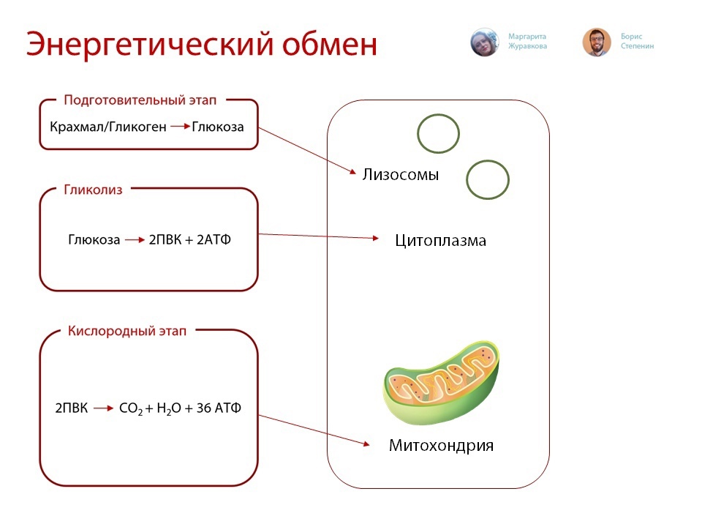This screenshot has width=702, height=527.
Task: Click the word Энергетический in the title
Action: pyautogui.click(x=149, y=45)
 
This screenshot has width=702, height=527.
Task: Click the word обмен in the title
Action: pyautogui.click(x=330, y=44)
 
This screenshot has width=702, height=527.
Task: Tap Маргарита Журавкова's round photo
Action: pyautogui.click(x=484, y=42)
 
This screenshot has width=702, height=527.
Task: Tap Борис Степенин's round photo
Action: pyautogui.click(x=597, y=42)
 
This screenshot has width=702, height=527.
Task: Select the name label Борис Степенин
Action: pyautogui.click(x=637, y=41)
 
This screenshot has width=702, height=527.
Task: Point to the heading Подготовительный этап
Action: pyautogui.click(x=140, y=100)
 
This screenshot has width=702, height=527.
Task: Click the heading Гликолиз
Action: pyautogui.click(x=93, y=190)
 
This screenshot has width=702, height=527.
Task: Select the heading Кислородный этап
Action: pyautogui.click(x=127, y=331)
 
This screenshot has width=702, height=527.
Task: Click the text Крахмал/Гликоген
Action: pyautogui.click(x=108, y=127)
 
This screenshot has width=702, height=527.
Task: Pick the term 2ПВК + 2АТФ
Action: pyautogui.click(x=190, y=240)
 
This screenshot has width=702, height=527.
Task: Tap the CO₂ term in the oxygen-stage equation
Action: pyautogui.click(x=131, y=408)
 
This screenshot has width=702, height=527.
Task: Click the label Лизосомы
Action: pyautogui.click(x=400, y=174)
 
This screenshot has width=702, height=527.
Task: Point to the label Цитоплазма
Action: pyautogui.click(x=440, y=241)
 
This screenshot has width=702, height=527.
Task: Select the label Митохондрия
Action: pyautogui.click(x=441, y=446)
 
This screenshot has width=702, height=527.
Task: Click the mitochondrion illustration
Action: pyautogui.click(x=441, y=382)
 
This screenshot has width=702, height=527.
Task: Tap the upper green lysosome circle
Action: pyautogui.click(x=438, y=114)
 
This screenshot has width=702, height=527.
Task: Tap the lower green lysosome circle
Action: pyautogui.click(x=488, y=160)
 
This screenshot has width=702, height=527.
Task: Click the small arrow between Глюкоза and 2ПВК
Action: pyautogui.click(x=135, y=240)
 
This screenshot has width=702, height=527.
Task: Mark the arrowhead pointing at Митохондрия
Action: pyautogui.click(x=366, y=444)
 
